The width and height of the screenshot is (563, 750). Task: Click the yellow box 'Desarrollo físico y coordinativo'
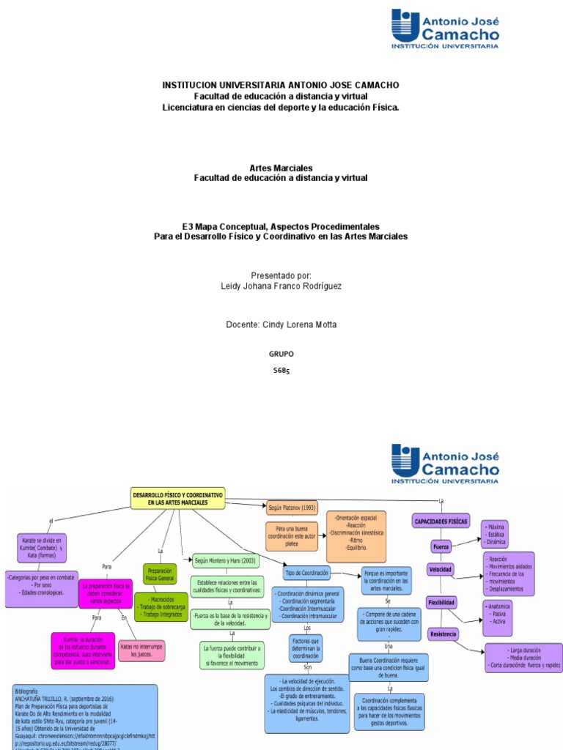click(178, 499)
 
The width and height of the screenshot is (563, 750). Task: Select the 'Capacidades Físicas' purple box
click(441, 521)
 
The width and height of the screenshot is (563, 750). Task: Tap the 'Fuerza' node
click(441, 546)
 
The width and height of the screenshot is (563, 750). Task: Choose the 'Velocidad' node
click(441, 569)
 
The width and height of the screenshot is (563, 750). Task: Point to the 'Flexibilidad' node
click(441, 602)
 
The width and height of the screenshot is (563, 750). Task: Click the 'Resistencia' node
click(443, 634)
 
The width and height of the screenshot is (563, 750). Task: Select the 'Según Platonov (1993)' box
click(292, 508)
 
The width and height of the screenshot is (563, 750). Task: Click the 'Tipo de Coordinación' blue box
click(306, 572)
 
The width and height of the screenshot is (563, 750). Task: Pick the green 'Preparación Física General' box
click(160, 573)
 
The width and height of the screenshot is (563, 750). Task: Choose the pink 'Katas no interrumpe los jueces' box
click(141, 650)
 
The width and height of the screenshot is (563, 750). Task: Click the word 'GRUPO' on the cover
click(281, 354)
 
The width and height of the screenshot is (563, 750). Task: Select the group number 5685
click(281, 371)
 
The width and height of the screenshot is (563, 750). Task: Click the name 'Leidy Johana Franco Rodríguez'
click(281, 286)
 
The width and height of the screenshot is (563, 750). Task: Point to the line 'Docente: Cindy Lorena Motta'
click(281, 324)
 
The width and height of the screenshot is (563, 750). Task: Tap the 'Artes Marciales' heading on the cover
click(281, 168)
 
